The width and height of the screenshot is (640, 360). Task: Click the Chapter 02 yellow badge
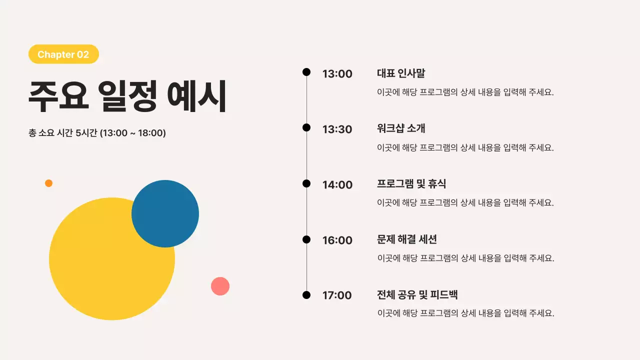[63, 54]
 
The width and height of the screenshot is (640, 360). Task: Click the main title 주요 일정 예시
[127, 96]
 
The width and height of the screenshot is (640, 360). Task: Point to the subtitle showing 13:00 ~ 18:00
[97, 133]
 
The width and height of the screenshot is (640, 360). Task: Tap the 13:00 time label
[337, 74]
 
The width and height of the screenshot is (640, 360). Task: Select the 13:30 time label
[337, 129]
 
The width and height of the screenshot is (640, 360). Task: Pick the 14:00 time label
[337, 185]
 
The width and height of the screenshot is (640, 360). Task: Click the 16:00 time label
[337, 240]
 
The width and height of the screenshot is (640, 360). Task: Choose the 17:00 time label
[337, 295]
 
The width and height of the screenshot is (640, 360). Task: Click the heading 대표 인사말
[401, 73]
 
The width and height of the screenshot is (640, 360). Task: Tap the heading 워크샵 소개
[401, 128]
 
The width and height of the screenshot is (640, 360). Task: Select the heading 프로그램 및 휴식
[411, 184]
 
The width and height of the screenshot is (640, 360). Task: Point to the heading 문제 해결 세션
[407, 239]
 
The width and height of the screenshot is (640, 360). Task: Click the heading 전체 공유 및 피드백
[417, 295]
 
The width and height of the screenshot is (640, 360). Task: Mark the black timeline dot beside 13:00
[306, 72]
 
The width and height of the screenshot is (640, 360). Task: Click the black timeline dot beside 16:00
[306, 239]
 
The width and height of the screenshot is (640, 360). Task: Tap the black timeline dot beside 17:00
[306, 295]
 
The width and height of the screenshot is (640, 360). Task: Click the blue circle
[165, 213]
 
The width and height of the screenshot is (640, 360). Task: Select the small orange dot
[48, 183]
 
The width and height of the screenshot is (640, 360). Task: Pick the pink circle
[220, 286]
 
